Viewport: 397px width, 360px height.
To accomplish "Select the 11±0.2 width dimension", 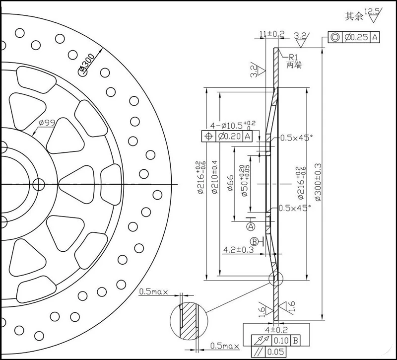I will [x=272, y=34].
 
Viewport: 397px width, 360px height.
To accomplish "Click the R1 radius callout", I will [x=292, y=57].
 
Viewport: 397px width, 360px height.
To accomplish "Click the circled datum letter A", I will [x=251, y=226].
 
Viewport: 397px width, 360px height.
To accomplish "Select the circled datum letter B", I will [x=255, y=241].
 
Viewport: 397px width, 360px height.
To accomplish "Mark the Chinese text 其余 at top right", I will [x=354, y=16].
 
